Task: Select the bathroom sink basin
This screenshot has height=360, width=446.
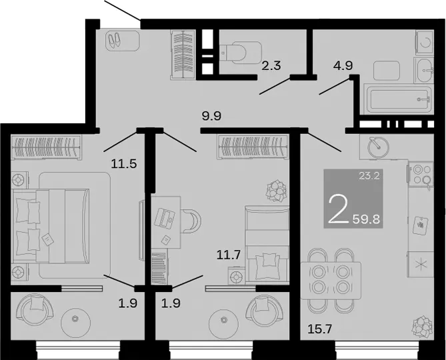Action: click(425, 69)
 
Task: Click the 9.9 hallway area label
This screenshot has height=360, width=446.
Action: click(211, 116)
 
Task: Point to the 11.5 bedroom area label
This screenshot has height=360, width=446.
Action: click(124, 164)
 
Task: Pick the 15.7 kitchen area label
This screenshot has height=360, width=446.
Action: click(320, 329)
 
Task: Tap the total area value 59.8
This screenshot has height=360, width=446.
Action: click(367, 219)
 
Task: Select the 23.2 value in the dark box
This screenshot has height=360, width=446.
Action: click(369, 176)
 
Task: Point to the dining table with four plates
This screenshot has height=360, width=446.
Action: click(331, 281)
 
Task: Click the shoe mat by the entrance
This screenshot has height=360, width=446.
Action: click(122, 41)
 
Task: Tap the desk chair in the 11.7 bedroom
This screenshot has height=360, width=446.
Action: click(191, 221)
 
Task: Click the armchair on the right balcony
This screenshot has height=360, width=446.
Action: click(265, 311)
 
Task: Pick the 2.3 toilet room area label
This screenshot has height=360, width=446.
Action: click(271, 66)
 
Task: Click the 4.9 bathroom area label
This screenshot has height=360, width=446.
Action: click(343, 65)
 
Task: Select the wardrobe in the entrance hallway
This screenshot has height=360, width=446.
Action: click(182, 54)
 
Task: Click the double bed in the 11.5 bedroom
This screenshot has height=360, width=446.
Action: click(51, 226)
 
